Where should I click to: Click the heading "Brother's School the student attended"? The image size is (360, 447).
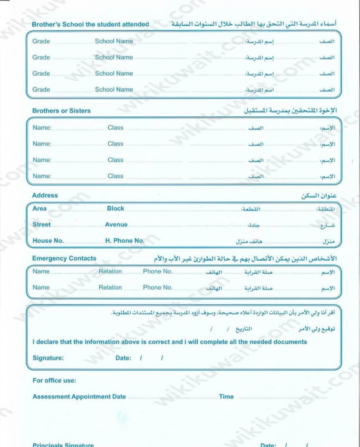point(90,24)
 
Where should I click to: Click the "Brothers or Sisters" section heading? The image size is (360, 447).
point(61,111)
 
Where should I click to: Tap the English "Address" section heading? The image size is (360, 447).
point(45,195)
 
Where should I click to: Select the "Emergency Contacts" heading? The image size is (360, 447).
point(64,258)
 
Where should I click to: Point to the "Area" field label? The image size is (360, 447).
point(40,209)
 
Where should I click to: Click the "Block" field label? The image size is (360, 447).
point(115,209)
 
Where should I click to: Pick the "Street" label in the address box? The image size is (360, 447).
point(41,225)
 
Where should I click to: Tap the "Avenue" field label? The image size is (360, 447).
point(116,225)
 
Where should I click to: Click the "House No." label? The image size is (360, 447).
point(48,240)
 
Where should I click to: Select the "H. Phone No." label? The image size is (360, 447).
point(125,240)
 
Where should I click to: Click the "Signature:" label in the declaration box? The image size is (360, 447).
point(48,358)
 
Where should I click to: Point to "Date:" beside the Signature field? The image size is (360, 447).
point(123,358)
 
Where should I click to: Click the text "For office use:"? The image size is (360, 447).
point(54,381)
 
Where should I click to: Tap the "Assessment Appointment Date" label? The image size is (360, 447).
point(79,397)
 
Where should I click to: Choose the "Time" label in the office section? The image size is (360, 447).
point(226,397)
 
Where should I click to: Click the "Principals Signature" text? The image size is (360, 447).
point(63,445)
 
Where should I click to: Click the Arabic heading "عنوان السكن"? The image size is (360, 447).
point(319,196)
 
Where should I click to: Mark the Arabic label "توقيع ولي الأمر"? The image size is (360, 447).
point(317,329)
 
